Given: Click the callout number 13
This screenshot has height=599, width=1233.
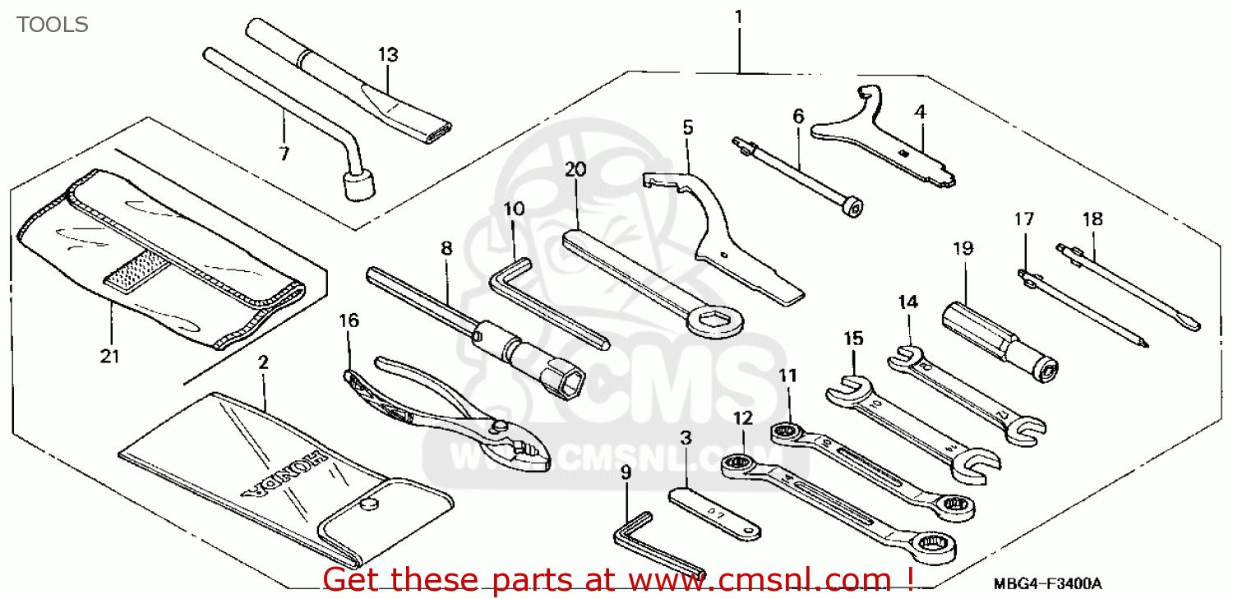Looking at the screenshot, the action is click(x=388, y=55).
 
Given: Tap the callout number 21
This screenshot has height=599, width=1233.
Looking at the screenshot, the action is click(x=110, y=357).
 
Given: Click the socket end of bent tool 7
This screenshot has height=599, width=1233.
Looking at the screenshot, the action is click(x=358, y=185).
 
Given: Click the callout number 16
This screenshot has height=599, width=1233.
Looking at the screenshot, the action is click(x=349, y=320).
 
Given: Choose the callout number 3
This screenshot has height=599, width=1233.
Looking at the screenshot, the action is click(x=686, y=437).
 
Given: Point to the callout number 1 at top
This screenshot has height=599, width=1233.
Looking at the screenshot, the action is click(x=738, y=16).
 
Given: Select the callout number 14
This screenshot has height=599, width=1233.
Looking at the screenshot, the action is click(x=907, y=302).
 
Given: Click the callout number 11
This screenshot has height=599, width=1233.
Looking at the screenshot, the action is click(x=788, y=376).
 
